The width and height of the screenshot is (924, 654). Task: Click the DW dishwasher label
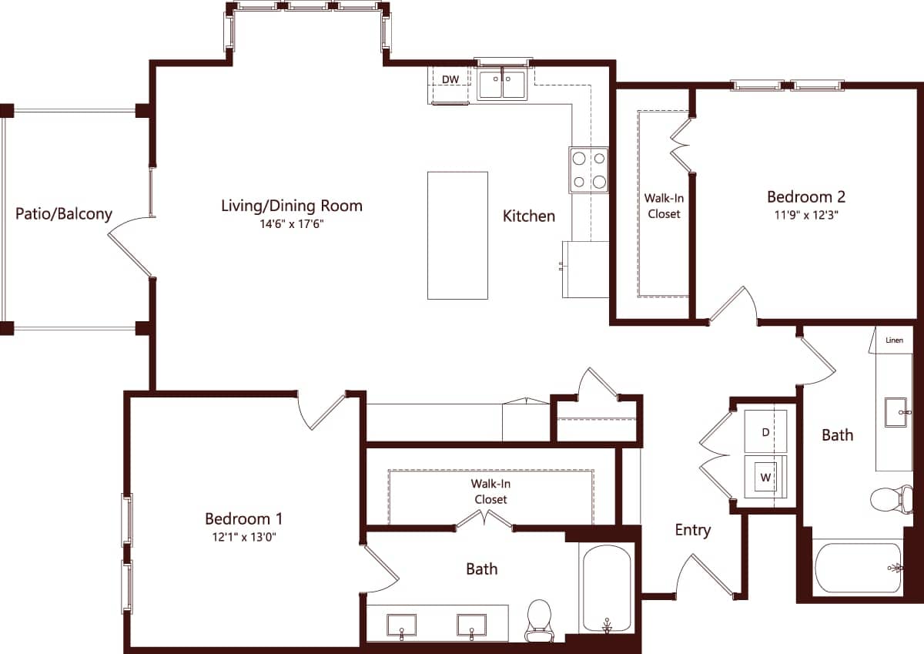coord(450,79)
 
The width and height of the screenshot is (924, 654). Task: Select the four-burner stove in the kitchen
coord(588,170)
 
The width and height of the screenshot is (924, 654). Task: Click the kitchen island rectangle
coord(457,235)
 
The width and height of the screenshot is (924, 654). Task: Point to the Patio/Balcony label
coord(64,214)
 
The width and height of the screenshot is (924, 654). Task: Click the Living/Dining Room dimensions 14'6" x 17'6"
coord(291,226)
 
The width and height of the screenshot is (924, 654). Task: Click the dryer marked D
coord(765,432)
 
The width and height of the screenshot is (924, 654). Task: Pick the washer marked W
coord(765,478)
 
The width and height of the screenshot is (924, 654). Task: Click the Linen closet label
coord(895,340)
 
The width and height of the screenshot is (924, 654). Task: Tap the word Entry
coord(692,530)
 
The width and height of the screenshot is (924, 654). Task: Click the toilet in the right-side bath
coord(892,498)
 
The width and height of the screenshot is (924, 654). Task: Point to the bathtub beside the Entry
coord(607,589)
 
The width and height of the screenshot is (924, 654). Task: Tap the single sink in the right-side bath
coord(896,411)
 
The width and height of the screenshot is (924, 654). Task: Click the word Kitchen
coord(529,216)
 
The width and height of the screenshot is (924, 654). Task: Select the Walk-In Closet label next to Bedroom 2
coord(664,206)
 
